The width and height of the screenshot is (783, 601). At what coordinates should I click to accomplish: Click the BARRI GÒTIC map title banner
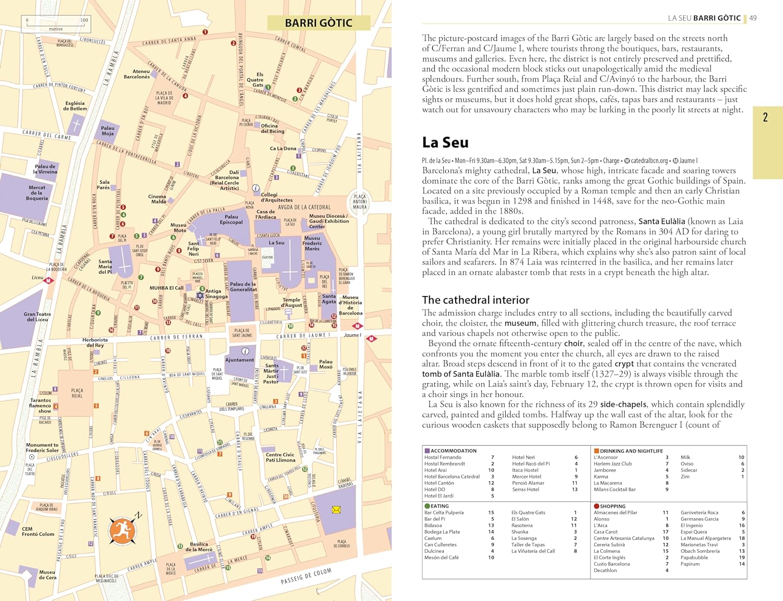pyautogui.click(x=318, y=23)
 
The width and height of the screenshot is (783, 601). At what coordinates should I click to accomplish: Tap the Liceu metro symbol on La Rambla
pyautogui.click(x=49, y=280)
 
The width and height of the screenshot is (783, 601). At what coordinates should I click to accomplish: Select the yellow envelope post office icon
pyautogui.click(x=336, y=509)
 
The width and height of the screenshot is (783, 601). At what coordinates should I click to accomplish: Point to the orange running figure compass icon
pyautogui.click(x=123, y=530)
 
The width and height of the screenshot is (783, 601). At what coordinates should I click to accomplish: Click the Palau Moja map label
pyautogui.click(x=108, y=131)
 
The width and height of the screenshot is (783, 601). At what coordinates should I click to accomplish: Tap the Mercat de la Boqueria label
pyautogui.click(x=37, y=193)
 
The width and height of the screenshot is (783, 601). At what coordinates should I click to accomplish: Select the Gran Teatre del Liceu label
pyautogui.click(x=37, y=316)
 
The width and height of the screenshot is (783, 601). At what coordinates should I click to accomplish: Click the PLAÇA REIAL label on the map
pyautogui.click(x=77, y=393)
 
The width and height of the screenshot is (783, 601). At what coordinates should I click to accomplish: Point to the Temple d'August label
pyautogui.click(x=291, y=302)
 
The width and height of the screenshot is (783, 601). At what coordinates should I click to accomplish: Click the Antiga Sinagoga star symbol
pyautogui.click(x=200, y=295)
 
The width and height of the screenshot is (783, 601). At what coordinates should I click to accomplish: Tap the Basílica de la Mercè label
pyautogui.click(x=199, y=546)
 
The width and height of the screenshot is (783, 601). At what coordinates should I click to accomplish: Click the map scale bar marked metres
pyautogui.click(x=56, y=24)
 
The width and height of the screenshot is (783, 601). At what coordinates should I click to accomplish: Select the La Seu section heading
pyautogui.click(x=445, y=143)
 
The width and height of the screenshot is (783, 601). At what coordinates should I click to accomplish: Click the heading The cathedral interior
pyautogui.click(x=476, y=300)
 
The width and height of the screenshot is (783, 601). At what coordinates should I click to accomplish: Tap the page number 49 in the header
pyautogui.click(x=753, y=18)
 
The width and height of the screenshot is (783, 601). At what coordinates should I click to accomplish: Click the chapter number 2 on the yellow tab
pyautogui.click(x=765, y=117)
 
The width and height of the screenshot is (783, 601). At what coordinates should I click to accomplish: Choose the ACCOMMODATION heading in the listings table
pyautogui.click(x=453, y=451)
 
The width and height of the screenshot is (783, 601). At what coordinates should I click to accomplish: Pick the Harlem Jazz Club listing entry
pyautogui.click(x=612, y=464)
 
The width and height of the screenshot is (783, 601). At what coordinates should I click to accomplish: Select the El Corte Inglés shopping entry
pyautogui.click(x=609, y=557)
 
